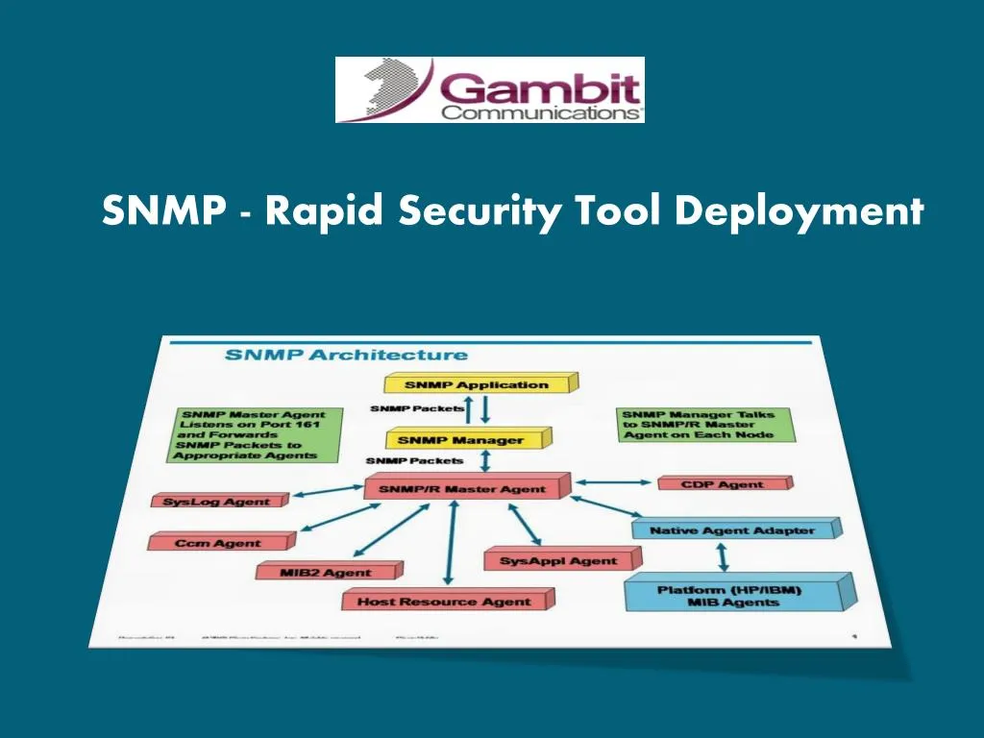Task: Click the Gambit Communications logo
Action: (x=489, y=89)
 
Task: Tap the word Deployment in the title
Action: (x=799, y=209)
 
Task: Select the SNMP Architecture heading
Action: (x=346, y=355)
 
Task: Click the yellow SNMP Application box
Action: (x=479, y=384)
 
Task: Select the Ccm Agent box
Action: (x=218, y=543)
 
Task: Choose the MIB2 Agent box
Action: (x=313, y=572)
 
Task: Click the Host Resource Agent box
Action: (x=445, y=602)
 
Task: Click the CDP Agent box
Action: (x=722, y=484)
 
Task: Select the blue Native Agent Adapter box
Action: (x=732, y=529)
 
